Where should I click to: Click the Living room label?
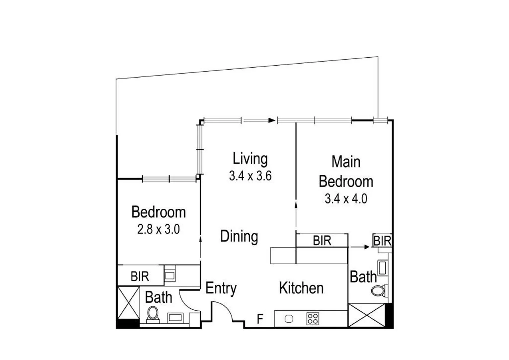pos(250,159)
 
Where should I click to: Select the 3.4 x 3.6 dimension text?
pos(250,176)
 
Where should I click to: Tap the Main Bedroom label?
pos(346,172)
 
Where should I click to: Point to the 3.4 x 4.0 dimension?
pos(346,199)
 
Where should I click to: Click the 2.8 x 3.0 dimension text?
pos(159,229)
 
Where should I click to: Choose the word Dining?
pos(239,236)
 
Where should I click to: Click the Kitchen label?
pos(301,288)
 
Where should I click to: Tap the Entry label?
pos(221,288)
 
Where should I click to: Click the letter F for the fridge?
pos(260,319)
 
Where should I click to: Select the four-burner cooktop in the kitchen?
pos(312,319)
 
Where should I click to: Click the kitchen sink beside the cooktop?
pos(289,319)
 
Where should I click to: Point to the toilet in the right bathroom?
pos(378,291)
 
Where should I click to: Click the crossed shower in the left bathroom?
pos(129,303)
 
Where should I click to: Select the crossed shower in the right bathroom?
pos(366,315)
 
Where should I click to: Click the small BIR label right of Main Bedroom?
pos(382,241)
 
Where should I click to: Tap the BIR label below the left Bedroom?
pos(140,276)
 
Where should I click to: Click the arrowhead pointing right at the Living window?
pos(272,120)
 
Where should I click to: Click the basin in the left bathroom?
pos(175,317)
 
